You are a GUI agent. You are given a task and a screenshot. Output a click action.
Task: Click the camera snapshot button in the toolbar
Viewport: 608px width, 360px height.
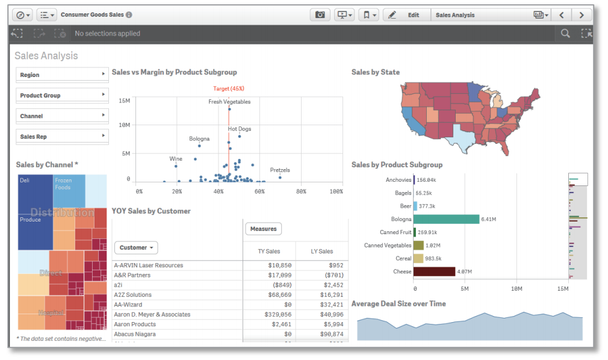tap(320, 15)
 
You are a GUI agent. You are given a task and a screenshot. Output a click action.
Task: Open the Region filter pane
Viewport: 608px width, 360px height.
tap(62, 75)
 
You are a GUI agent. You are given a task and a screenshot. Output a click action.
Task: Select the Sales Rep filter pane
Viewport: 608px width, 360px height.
tap(62, 137)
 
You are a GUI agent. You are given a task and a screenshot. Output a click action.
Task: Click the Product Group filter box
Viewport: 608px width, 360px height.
tap(62, 95)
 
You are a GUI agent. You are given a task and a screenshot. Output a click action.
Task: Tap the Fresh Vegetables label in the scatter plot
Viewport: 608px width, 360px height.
tap(229, 102)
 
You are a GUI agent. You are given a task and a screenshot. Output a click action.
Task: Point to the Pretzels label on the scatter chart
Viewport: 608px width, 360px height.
tap(280, 170)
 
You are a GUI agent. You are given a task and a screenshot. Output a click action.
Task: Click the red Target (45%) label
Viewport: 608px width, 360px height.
tap(229, 88)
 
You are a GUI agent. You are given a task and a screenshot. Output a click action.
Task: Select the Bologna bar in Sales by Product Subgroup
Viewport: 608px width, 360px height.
tap(446, 219)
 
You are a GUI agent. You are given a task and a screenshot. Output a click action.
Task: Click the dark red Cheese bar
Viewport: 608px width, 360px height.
tap(434, 272)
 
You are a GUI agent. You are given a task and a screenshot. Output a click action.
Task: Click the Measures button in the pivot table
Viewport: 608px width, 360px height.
tap(263, 229)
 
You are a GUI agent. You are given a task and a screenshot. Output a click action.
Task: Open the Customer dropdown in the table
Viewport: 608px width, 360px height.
tap(136, 247)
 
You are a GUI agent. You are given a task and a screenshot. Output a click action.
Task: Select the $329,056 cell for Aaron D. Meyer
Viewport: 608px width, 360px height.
tap(278, 314)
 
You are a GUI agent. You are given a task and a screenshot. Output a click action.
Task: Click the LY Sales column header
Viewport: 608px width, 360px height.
tap(322, 251)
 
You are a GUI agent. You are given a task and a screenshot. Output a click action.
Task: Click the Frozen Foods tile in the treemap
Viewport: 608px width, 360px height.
tap(69, 191)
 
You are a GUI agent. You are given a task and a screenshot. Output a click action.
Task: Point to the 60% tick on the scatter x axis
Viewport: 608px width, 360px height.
tap(260, 191)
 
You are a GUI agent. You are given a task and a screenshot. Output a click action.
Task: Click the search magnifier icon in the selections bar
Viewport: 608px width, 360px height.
tap(565, 34)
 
